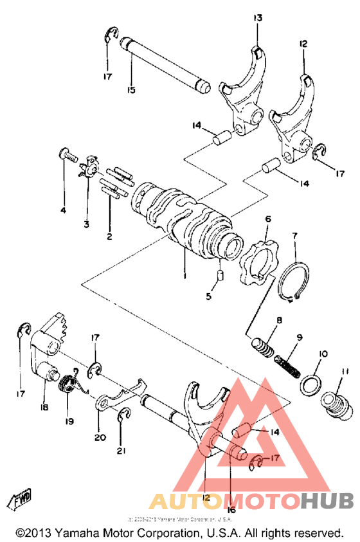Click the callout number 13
point(257,19)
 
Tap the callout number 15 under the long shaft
point(130,90)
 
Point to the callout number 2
point(109,237)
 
